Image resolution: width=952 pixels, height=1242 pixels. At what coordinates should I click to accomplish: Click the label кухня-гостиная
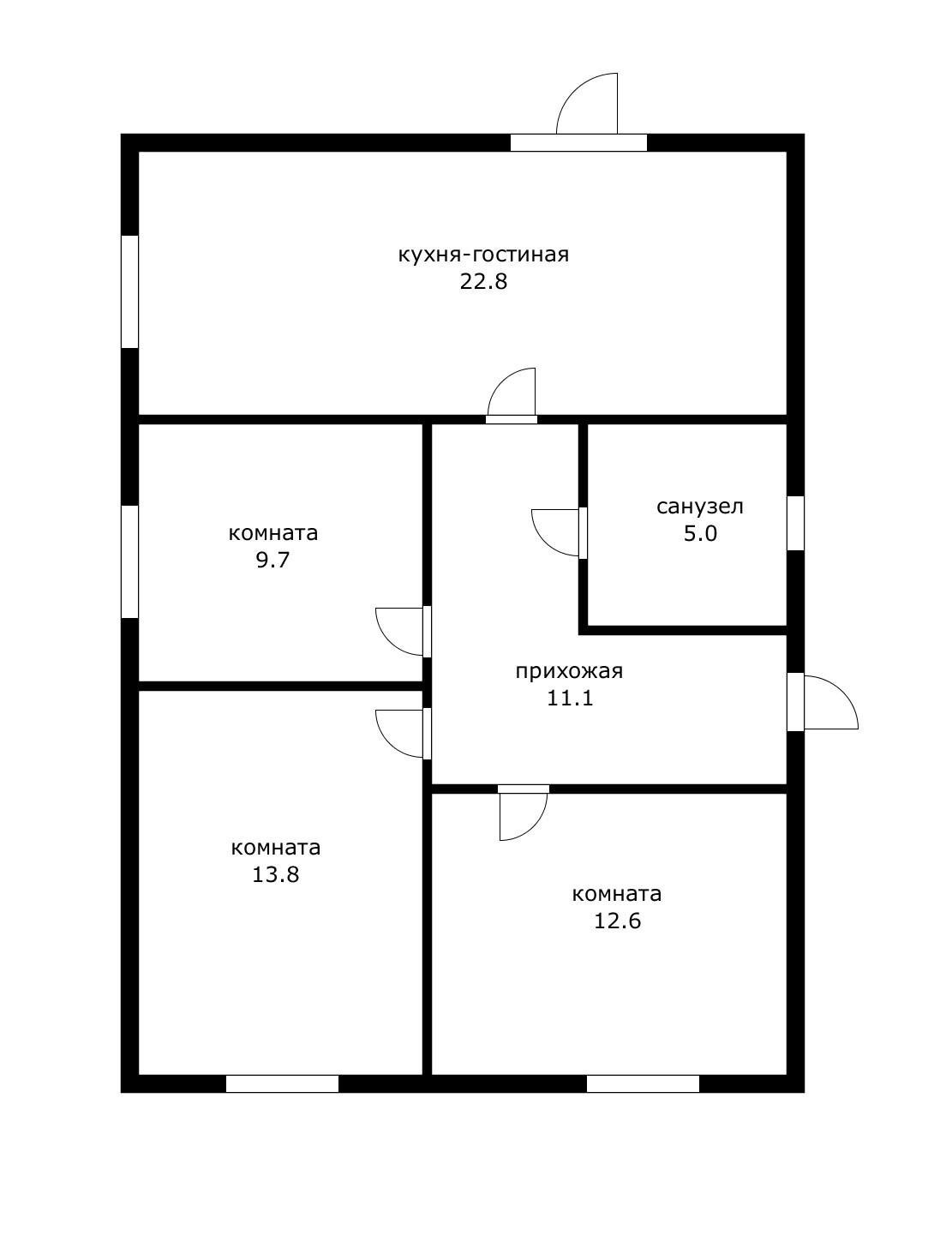pos(483,255)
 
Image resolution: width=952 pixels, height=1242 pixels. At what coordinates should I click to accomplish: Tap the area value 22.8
pos(483,282)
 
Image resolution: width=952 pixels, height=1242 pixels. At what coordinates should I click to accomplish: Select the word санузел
pos(699,507)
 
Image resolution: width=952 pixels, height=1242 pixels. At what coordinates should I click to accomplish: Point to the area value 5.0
pos(700,534)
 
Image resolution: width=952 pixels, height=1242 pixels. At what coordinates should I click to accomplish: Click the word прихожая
pos(569,671)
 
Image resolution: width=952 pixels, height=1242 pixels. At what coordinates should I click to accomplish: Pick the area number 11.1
pos(571,698)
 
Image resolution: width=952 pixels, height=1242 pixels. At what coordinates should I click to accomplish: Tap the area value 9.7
pos(272,560)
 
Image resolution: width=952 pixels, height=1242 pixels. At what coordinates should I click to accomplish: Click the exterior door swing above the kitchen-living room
pos(587,104)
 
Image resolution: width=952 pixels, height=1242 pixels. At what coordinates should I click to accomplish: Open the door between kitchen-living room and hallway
pos(512,392)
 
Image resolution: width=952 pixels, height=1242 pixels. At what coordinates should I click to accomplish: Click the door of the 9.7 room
pos(399,632)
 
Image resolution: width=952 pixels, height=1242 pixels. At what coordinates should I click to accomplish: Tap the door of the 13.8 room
pos(399,734)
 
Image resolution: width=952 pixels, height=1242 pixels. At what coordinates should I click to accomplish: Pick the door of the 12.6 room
pos(524,817)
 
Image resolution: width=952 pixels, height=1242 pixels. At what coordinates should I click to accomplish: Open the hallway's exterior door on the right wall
pos(831,702)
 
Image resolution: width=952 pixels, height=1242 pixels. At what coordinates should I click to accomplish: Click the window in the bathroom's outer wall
pos(795,523)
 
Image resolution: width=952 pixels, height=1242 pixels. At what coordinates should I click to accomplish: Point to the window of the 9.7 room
pos(129,561)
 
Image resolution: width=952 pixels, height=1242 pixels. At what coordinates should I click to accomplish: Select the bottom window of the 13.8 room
pos(282,1083)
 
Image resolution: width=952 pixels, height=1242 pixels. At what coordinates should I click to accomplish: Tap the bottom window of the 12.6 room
pos(643,1083)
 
